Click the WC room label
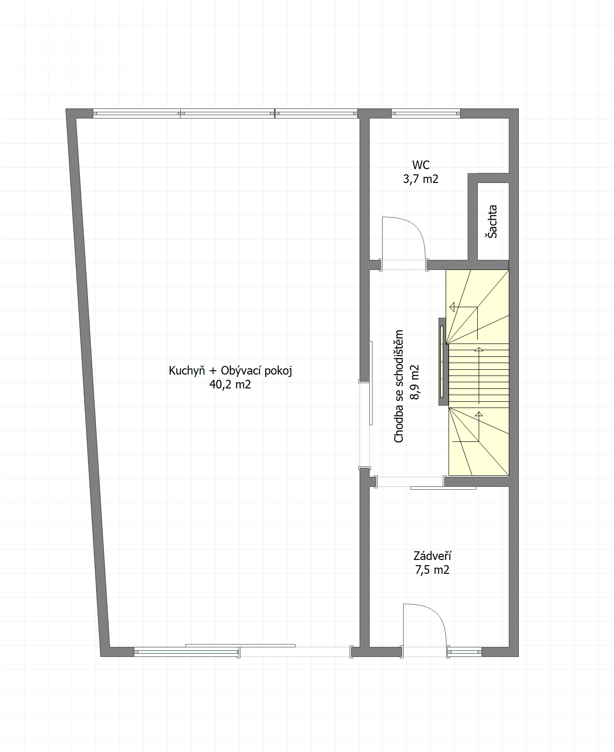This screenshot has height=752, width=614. click(x=421, y=165)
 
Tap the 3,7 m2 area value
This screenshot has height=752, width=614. click(x=420, y=179)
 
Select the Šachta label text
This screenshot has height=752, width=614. click(x=493, y=221)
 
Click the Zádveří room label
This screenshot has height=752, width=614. click(x=432, y=556)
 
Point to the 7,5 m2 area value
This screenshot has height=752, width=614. click(x=432, y=570)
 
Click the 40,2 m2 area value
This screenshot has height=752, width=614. click(x=230, y=385)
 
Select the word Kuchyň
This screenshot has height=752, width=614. click(x=186, y=371)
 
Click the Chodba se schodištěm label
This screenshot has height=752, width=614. click(x=398, y=386)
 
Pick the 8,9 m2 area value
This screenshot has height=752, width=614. click(x=415, y=382)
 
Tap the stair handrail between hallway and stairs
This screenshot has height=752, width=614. click(x=442, y=362)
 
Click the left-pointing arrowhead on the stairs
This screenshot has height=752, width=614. click(x=452, y=307)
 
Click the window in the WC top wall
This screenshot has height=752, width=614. click(x=426, y=113)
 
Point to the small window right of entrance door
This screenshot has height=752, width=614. click(x=464, y=652)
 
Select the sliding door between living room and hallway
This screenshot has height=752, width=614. click(x=371, y=383)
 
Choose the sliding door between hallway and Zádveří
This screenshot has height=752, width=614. click(x=443, y=488)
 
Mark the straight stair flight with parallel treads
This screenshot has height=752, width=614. click(x=479, y=376)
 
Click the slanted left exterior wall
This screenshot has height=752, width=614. click(x=88, y=382)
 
